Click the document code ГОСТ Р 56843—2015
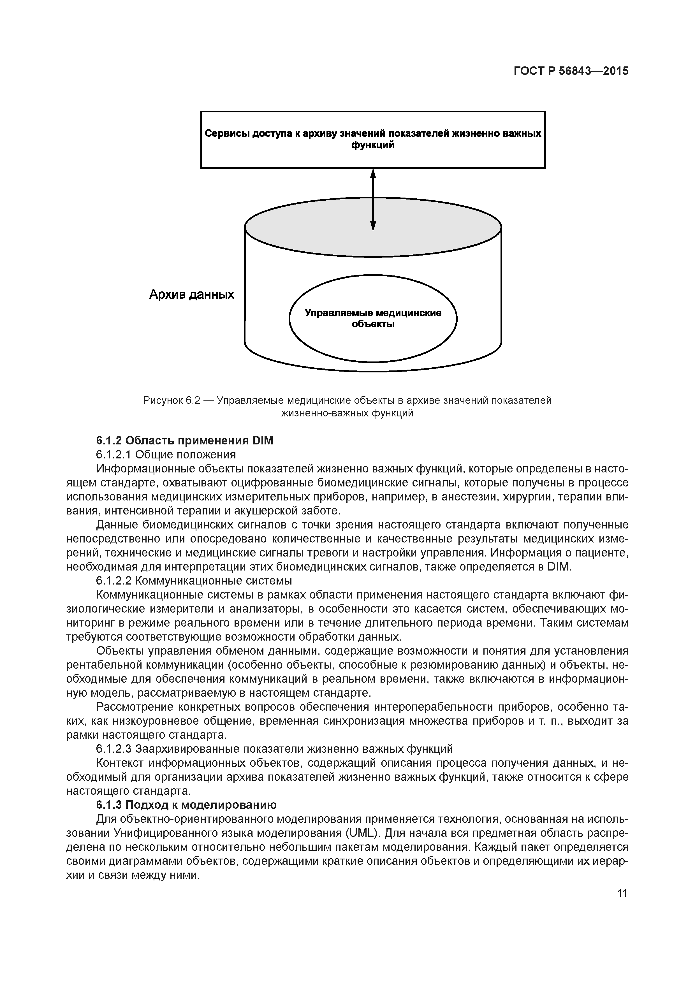pos(571,71)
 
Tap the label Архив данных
pos(191,295)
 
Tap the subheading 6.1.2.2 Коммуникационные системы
pos(194,581)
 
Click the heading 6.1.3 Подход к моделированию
pos(186,805)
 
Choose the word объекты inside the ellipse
pos(373,324)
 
